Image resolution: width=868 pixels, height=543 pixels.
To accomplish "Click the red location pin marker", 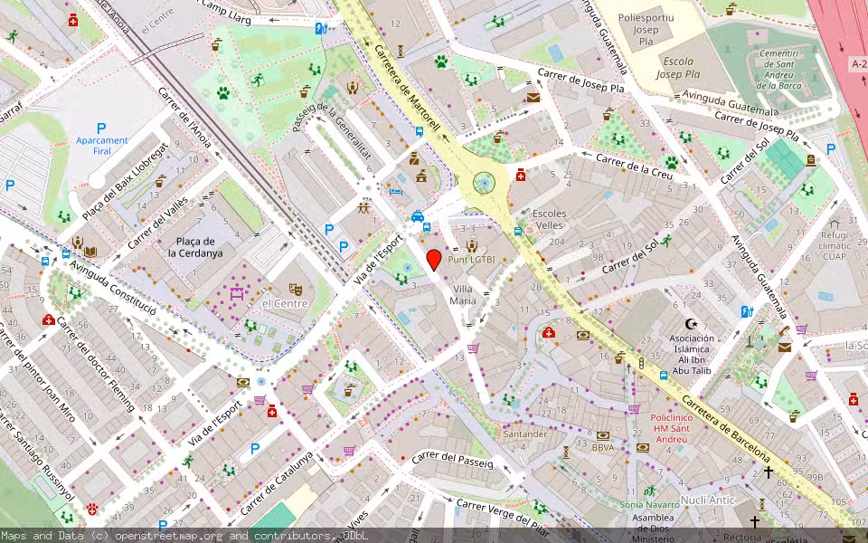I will coord(434,260).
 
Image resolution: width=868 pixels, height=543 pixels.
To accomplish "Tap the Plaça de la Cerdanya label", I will coord(194,247).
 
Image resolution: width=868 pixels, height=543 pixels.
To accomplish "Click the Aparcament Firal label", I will coord(101,146).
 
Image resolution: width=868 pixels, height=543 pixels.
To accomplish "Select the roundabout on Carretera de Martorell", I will coord(485,185).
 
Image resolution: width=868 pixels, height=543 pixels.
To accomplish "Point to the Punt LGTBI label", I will coord(472,259).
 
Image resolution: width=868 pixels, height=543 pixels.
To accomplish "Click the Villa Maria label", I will coord(463,294).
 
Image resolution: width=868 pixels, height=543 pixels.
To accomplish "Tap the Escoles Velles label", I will coord(550,219).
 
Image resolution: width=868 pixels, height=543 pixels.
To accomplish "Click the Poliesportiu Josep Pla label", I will coord(646,30).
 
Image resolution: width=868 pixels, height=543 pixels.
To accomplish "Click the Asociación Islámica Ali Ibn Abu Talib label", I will coord(692,349).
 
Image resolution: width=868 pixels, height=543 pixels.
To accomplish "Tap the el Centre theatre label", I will coord(279,303).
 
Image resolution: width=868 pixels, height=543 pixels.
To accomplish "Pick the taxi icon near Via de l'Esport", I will coord(417,216).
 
